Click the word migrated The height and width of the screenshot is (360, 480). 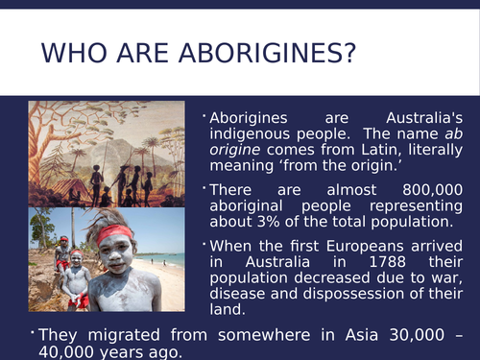(x=122, y=333)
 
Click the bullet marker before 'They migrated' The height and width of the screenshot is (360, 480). (x=33, y=330)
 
